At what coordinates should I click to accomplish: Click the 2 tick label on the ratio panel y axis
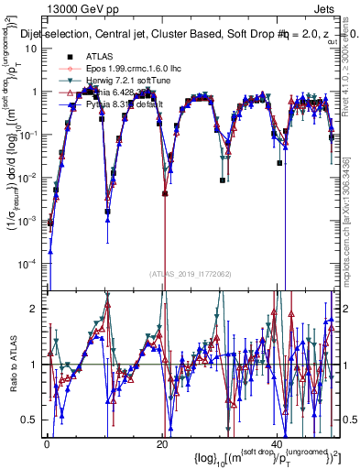(x=35, y=309)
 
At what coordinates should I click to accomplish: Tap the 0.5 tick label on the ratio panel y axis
(x=30, y=420)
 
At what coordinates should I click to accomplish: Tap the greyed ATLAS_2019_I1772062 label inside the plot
(x=190, y=274)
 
